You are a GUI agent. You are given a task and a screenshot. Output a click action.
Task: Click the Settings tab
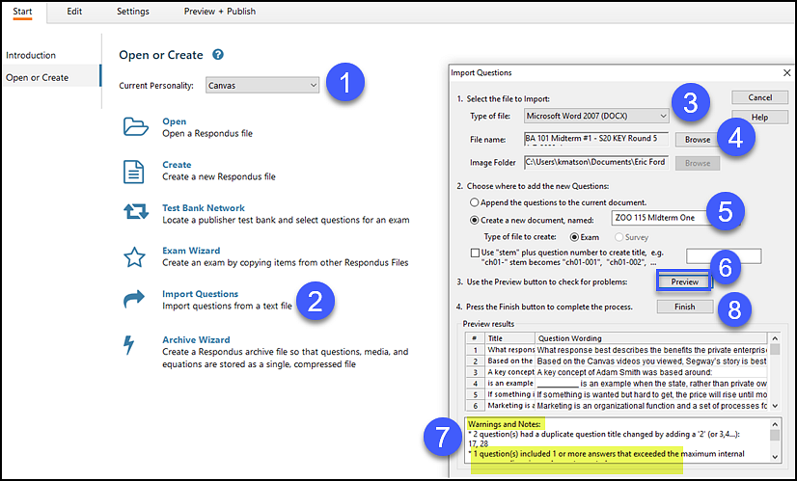pyautogui.click(x=133, y=11)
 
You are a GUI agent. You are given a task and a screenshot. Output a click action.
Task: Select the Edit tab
pyautogui.click(x=74, y=11)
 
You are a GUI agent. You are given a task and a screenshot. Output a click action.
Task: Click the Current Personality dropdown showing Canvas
pyautogui.click(x=262, y=85)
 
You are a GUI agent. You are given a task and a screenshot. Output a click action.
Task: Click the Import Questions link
pyautogui.click(x=200, y=294)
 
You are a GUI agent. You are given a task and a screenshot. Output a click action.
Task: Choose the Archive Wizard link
pyautogui.click(x=196, y=339)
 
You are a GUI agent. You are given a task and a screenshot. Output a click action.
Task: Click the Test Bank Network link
pyautogui.click(x=203, y=207)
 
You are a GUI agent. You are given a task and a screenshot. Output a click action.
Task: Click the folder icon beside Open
pyautogui.click(x=134, y=127)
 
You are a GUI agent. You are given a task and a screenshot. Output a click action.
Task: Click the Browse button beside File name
pyautogui.click(x=698, y=140)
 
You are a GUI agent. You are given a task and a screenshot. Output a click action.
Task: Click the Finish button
pyautogui.click(x=684, y=307)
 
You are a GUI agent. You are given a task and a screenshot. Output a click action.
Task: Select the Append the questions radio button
pyautogui.click(x=474, y=202)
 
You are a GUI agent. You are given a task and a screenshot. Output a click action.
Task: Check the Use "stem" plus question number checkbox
pyautogui.click(x=474, y=254)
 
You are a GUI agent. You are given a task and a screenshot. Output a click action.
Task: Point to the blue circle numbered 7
pyautogui.click(x=441, y=438)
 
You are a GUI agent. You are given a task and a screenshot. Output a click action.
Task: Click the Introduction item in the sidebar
pyautogui.click(x=31, y=55)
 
